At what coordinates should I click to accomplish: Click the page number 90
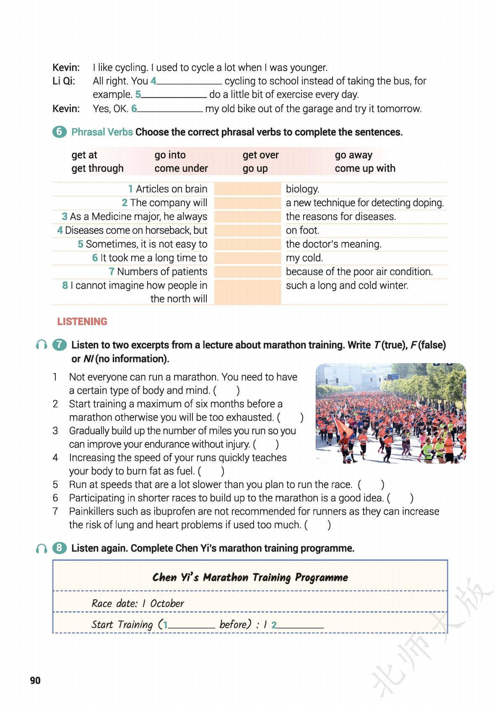coord(35,680)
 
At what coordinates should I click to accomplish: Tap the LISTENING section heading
coord(82,322)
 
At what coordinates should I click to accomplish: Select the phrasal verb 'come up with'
coord(365,168)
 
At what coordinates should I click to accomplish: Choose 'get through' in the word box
coord(97,168)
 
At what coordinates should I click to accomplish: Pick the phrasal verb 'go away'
coord(353,155)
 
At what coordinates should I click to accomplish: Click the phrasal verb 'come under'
coord(181,168)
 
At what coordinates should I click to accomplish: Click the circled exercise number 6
coord(59,132)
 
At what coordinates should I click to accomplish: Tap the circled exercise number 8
coord(59,548)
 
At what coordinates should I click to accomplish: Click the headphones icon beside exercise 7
coord(42,345)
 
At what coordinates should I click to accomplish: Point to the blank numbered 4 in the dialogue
coord(189,81)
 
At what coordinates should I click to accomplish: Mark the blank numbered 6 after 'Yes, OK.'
coord(170,109)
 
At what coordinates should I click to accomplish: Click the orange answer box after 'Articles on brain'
coord(247,189)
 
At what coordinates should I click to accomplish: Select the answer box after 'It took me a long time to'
coord(247,258)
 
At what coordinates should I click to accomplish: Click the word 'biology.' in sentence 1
coord(302,189)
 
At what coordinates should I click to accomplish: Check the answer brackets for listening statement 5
coord(371,484)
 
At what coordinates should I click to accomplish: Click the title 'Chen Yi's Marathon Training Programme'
coord(250,577)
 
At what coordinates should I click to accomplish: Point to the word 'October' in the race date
coord(167,603)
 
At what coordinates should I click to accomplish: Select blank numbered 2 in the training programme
coord(300,625)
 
